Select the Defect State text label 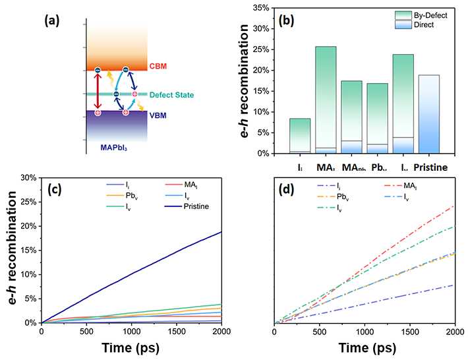172,95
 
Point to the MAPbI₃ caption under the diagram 113,145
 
